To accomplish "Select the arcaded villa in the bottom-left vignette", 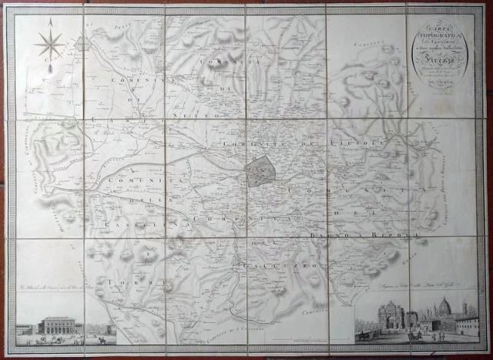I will coord(60,325).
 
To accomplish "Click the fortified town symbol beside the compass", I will coord(82,45).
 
